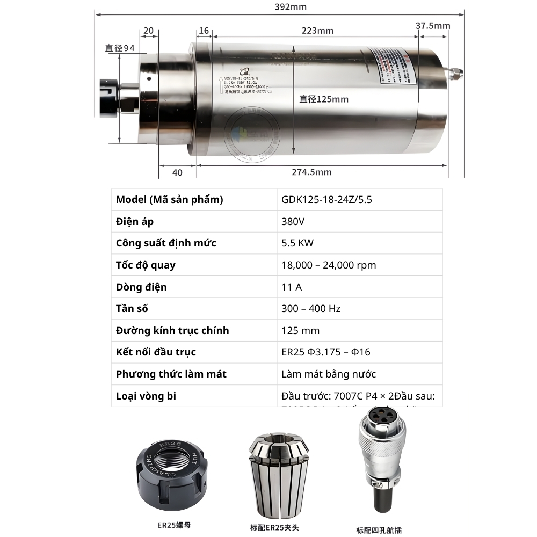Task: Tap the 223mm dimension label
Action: coord(317,31)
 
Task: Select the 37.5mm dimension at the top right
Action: coord(433,25)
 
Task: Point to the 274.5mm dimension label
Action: coord(311,172)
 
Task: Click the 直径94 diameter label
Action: coord(120,48)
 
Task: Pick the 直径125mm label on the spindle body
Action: coord(324,99)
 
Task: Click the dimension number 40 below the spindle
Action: coord(177,172)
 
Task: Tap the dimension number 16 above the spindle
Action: coord(204,31)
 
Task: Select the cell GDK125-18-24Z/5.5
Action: coord(326,200)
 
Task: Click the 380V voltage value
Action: coord(293,221)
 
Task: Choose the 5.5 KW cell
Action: coord(297,243)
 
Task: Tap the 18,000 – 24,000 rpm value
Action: coord(329,265)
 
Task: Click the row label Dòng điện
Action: coord(141,287)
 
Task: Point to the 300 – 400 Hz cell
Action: coord(311,308)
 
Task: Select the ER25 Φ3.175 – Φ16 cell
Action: coord(325,352)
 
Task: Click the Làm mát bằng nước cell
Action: coord(329,374)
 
